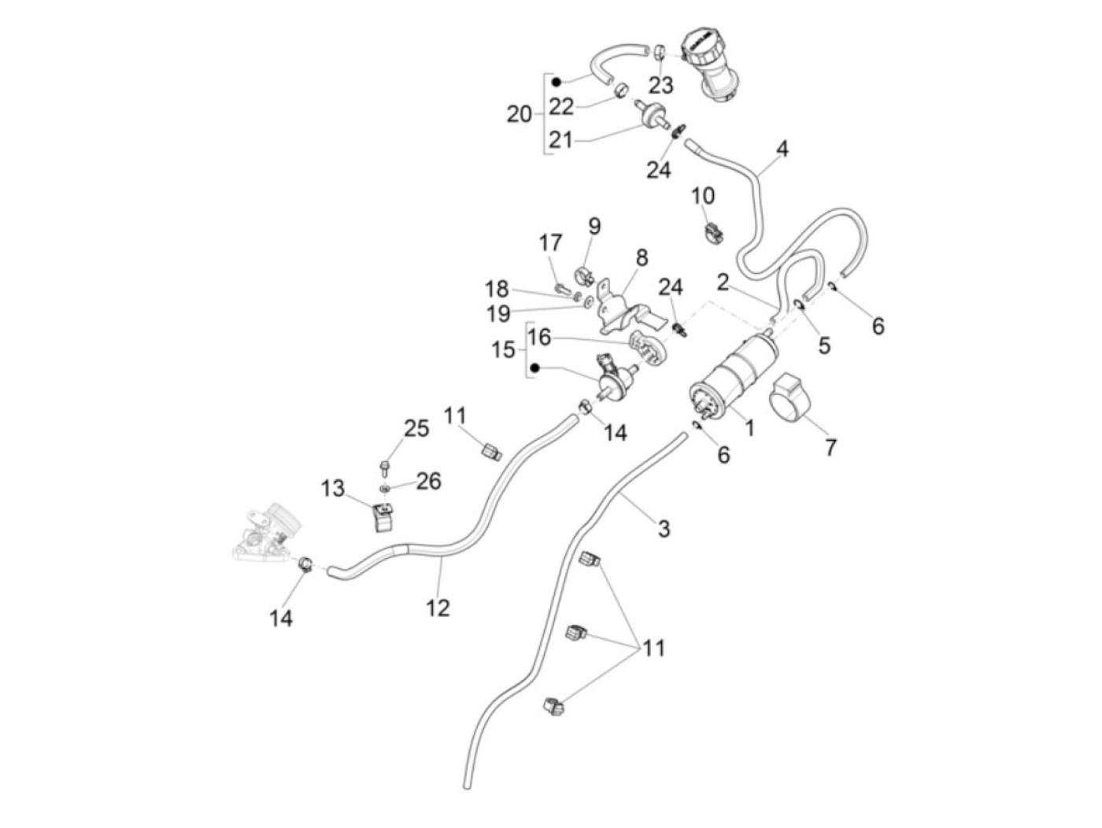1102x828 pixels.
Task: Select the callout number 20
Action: coord(519,115)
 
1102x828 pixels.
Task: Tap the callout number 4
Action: coord(782,149)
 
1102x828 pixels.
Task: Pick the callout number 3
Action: coord(664,529)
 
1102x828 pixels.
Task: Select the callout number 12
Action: coord(438,608)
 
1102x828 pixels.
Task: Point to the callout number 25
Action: coord(416,429)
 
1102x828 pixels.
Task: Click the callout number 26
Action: coord(428,481)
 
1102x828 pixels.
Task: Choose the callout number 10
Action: coord(703,195)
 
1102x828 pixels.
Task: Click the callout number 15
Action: coord(503,349)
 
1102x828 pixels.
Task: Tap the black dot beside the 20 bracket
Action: coord(556,82)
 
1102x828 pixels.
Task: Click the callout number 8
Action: coord(642,257)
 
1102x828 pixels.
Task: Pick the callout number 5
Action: coord(824,345)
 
